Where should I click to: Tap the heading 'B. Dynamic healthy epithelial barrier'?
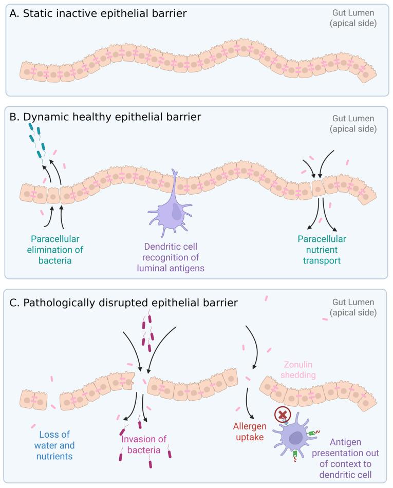coord(105,117)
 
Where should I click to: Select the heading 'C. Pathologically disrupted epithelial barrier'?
coord(123,302)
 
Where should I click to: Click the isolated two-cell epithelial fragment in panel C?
coord(34,402)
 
